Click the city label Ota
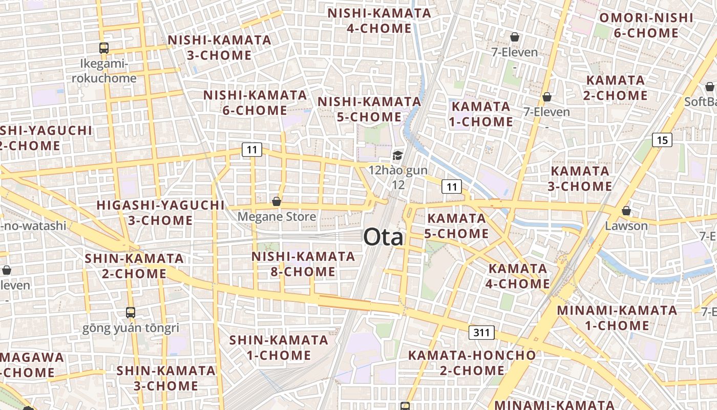coord(383,237)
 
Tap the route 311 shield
coord(481,333)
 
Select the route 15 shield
coord(662,139)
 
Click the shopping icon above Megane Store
coord(277,201)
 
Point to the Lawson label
coord(626,225)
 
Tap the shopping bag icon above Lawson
coord(626,211)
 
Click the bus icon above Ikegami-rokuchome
coord(104,48)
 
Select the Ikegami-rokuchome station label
coord(104,71)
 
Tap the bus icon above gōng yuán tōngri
coord(131,312)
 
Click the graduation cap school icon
coord(397,155)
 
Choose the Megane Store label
coord(277,217)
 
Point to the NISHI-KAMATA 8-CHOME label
coord(303,264)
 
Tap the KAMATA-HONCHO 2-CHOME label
coord(472,362)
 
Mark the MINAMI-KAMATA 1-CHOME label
coord(617,318)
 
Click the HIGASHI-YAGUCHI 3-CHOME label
coord(160,213)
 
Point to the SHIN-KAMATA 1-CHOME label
coord(278,347)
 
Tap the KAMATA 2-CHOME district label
coord(616,88)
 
